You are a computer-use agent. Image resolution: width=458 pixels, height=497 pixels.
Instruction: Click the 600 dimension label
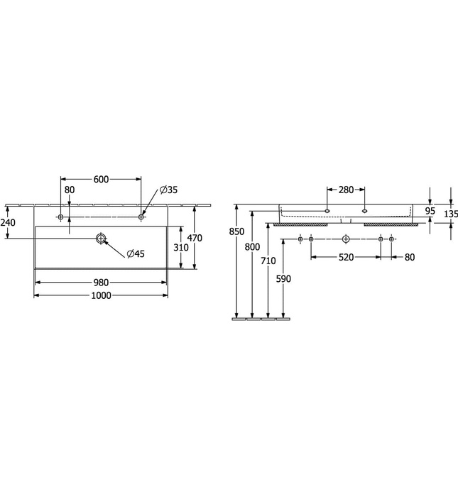pos(101,180)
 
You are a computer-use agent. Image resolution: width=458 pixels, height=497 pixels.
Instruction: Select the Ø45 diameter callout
pos(136,254)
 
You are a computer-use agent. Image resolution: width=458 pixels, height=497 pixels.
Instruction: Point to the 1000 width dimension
pos(102,295)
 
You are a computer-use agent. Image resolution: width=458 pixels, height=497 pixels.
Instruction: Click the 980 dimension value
pos(102,283)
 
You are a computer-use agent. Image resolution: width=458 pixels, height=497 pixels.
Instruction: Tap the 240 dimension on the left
pos(8,223)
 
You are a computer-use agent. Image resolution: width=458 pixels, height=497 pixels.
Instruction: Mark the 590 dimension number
pos(283,278)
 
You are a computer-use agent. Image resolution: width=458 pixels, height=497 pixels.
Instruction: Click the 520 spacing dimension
pos(345,257)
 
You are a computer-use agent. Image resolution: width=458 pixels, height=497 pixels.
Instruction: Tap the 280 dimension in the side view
pos(345,190)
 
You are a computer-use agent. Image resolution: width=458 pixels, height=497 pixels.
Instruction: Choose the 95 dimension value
pos(431,211)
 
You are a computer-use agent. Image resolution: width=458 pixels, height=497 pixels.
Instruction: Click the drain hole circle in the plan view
pos(102,239)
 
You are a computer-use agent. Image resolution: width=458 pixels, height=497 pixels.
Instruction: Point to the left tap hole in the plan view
pos(61,216)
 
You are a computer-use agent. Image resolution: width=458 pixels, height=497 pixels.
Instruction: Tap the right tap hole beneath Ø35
pos(141,216)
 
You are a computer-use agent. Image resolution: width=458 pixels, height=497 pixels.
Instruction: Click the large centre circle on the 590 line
pos(345,239)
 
